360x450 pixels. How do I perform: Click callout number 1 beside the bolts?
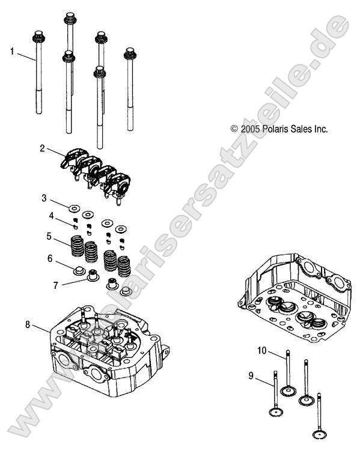pos(11,52)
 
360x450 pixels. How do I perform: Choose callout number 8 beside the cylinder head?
pos(28,325)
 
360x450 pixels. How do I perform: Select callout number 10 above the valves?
pos(262,350)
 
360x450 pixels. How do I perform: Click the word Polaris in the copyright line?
pos(269,129)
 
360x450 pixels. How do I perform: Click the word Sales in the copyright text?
pos(302,129)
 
